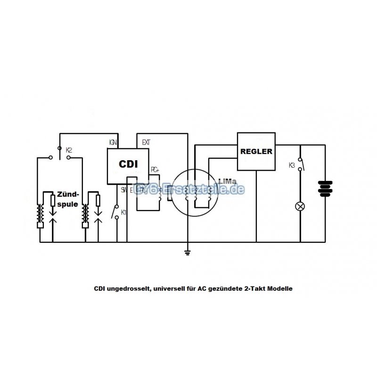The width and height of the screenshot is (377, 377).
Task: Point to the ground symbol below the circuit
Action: pyautogui.click(x=187, y=253)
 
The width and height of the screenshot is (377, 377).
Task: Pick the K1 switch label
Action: pyautogui.click(x=123, y=213)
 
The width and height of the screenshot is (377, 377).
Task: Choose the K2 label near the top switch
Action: pyautogui.click(x=69, y=149)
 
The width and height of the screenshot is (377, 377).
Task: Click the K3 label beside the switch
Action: pyautogui.click(x=292, y=165)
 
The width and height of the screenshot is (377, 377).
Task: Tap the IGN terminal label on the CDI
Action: pyautogui.click(x=113, y=141)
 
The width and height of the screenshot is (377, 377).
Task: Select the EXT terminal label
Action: pyautogui.click(x=146, y=141)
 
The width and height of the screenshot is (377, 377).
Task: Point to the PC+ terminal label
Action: pyautogui.click(x=155, y=169)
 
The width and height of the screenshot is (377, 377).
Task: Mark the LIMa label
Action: pyautogui.click(x=226, y=180)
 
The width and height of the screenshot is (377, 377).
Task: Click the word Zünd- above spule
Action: pyautogui.click(x=68, y=194)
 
